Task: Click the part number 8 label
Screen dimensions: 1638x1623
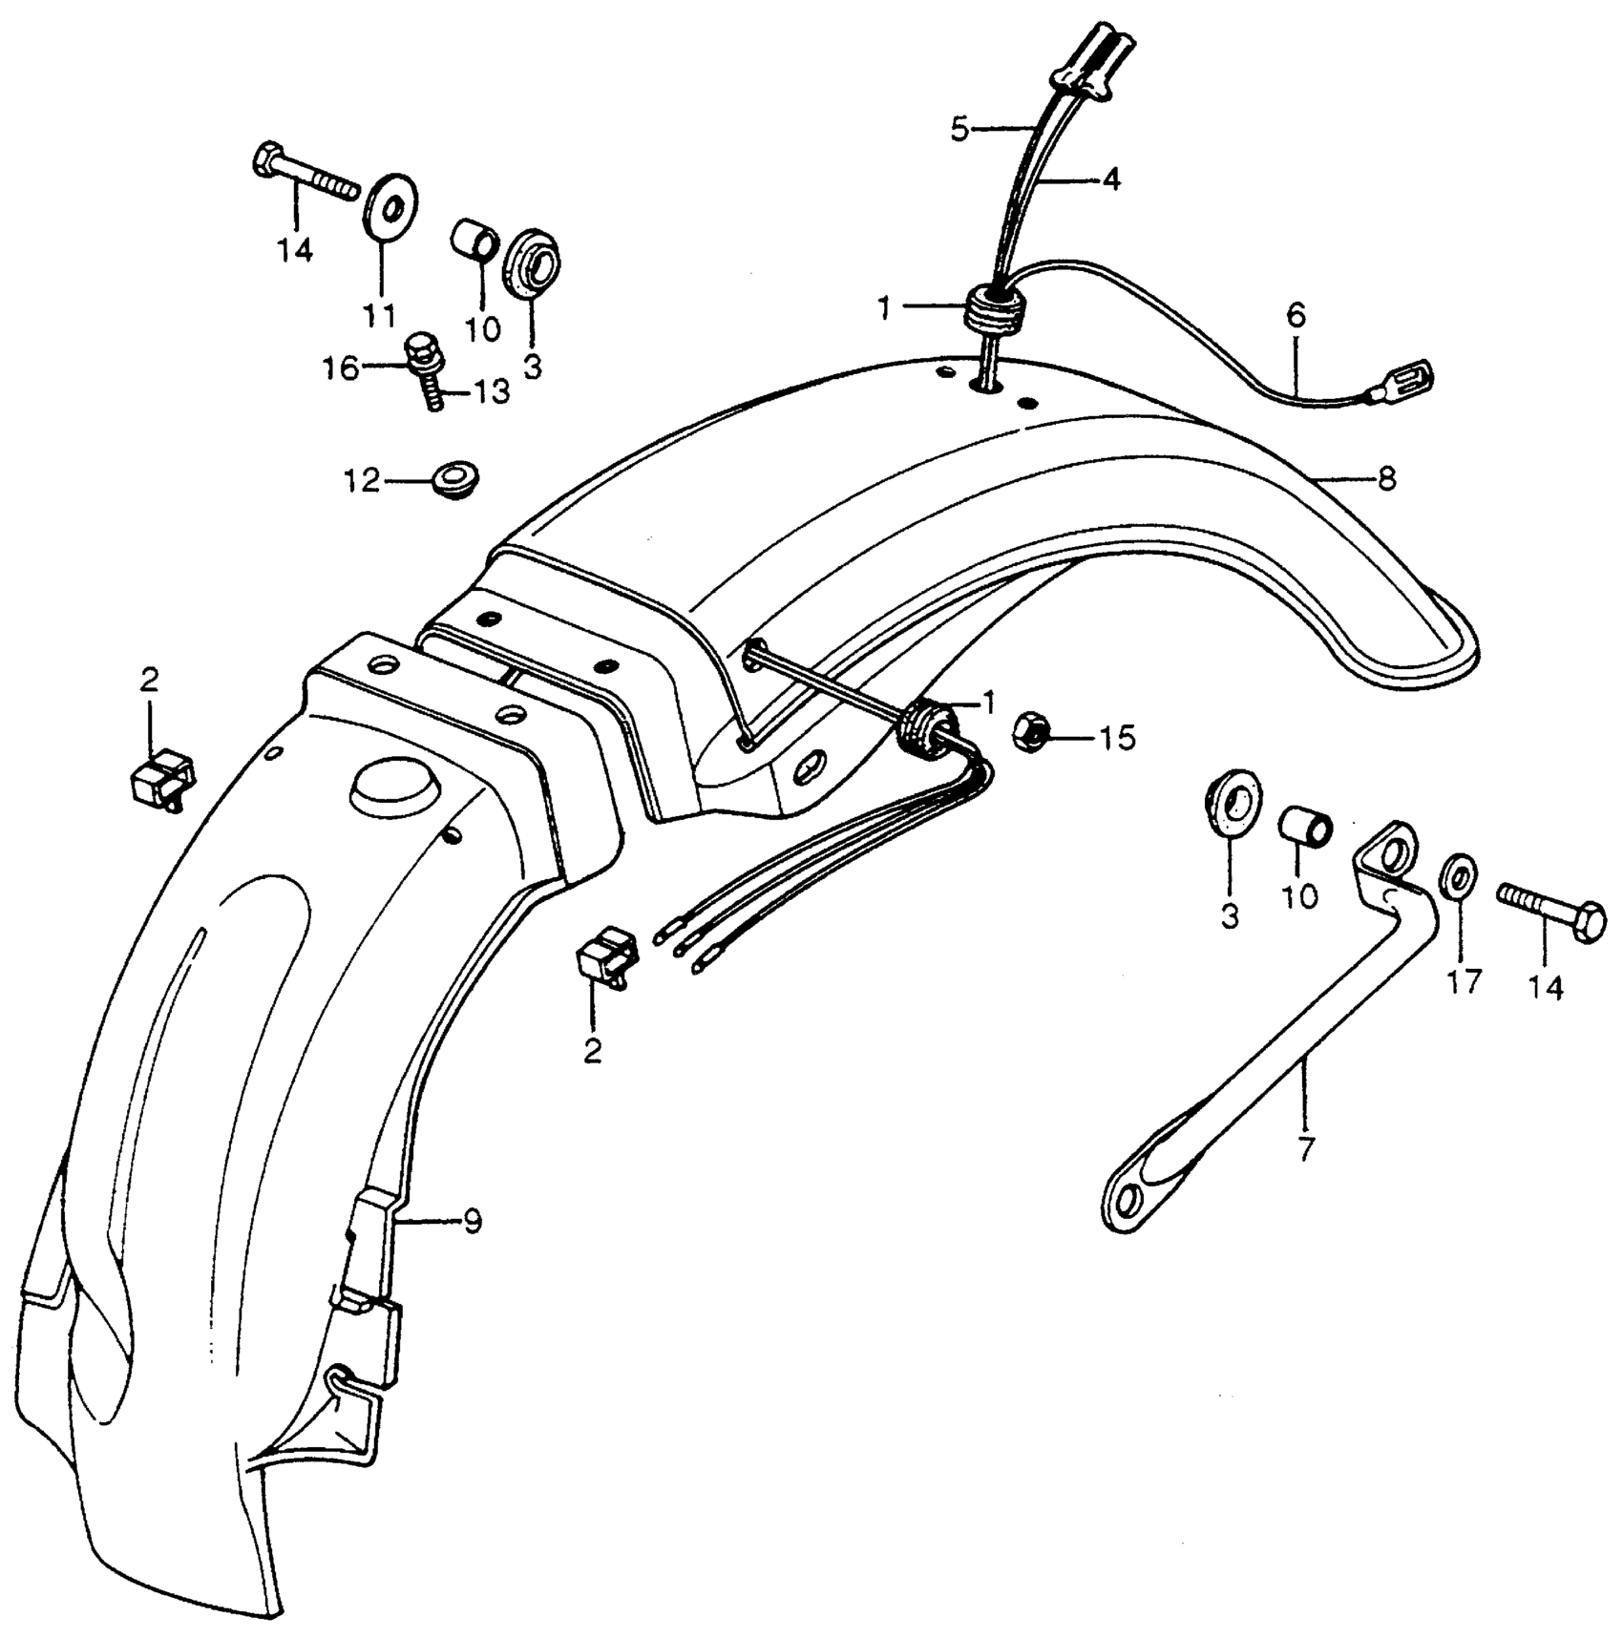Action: coord(1386,477)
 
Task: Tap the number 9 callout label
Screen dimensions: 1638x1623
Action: coord(472,1222)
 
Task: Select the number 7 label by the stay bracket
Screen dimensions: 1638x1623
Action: coord(1305,1148)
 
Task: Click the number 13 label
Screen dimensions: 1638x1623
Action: coord(491,392)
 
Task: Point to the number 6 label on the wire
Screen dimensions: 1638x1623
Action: coord(1296,316)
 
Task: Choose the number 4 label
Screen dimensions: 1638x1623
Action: coord(1110,178)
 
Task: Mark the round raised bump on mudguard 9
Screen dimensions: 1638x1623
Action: coord(391,784)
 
